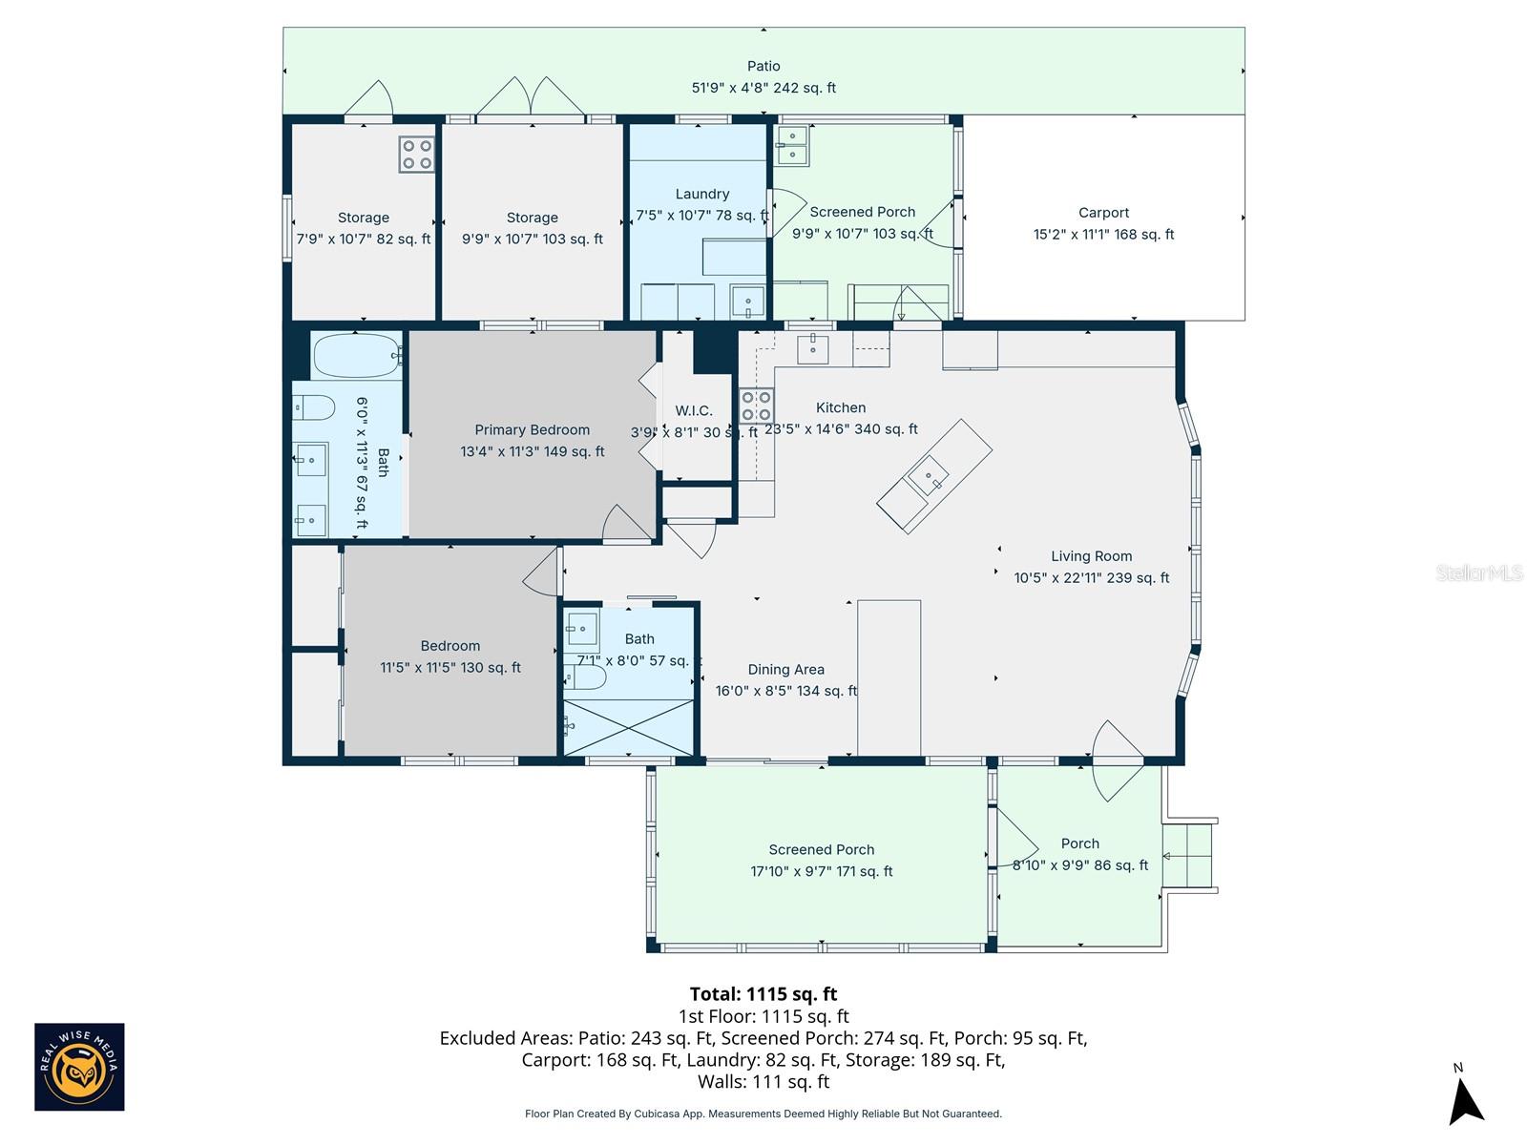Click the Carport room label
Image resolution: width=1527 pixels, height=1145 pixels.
pos(1103,213)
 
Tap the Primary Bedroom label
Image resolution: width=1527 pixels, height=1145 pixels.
pos(532,430)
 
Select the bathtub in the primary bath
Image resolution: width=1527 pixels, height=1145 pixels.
pos(356,355)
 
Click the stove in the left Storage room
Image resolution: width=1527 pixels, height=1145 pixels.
pos(417,155)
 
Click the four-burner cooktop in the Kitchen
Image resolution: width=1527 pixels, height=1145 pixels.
pos(756,406)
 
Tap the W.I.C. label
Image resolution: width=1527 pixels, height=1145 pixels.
pos(694,411)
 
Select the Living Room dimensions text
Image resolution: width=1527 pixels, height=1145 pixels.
pos(1091,578)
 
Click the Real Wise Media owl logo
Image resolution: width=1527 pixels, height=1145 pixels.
pos(79,1067)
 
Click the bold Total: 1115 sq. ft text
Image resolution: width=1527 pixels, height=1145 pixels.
pos(763,994)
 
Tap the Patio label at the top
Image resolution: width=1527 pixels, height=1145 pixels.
pos(763,66)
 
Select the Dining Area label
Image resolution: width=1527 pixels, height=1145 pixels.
pos(785,670)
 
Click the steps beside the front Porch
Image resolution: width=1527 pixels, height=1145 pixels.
pos(1187,856)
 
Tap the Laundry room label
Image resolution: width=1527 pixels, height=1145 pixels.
pos(701,194)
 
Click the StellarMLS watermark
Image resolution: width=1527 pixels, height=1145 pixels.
pos(1478,573)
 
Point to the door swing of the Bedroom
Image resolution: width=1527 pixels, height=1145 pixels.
pos(541,572)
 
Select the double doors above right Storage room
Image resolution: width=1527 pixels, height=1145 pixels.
pos(532,96)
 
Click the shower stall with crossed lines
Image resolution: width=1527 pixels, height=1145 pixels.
pos(629,728)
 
